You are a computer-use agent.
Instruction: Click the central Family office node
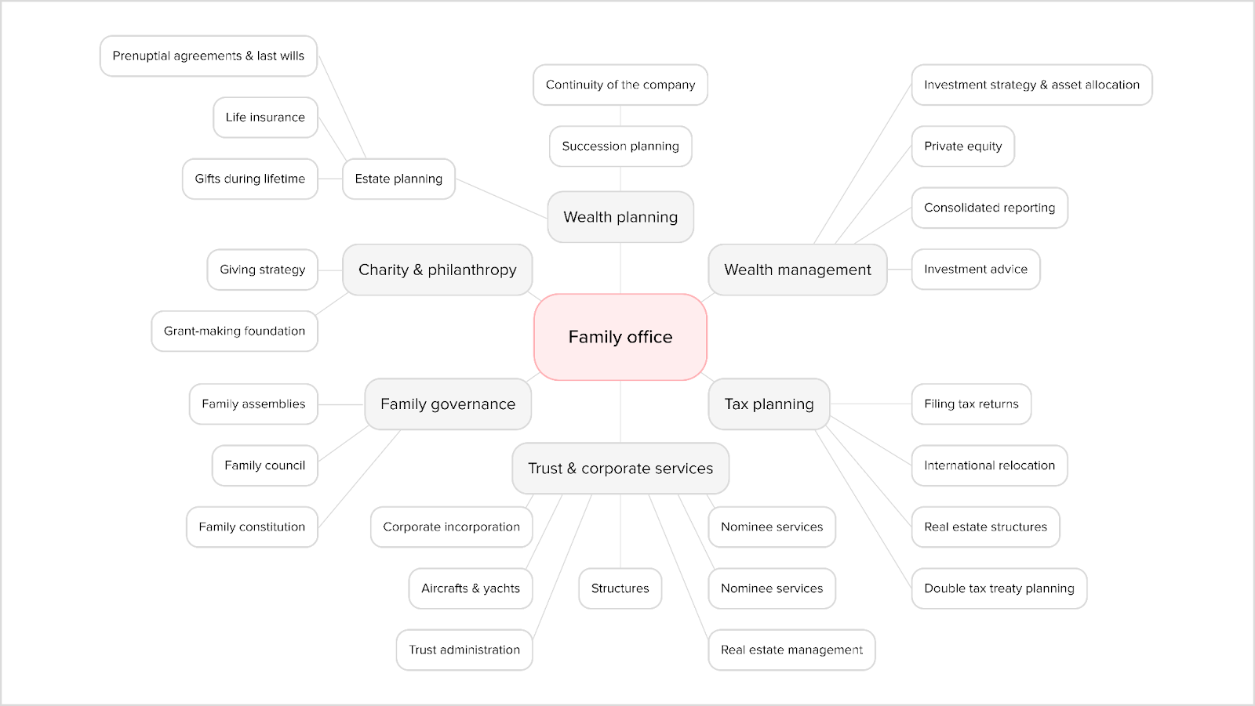tap(620, 337)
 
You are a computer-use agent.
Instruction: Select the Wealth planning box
tap(620, 217)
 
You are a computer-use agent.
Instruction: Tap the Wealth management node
tap(797, 270)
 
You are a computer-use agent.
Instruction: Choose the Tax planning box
tap(769, 404)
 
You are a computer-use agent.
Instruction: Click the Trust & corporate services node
tap(620, 469)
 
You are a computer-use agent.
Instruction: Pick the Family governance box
tap(448, 404)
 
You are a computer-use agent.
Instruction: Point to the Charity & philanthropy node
tap(437, 270)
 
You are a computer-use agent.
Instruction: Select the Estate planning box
tap(398, 179)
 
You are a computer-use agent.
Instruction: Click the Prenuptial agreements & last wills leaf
tap(208, 56)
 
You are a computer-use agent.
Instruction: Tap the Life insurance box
tap(265, 118)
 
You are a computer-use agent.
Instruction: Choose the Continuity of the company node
tap(620, 85)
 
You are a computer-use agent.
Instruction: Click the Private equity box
tap(962, 146)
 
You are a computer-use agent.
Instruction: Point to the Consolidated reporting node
tap(989, 208)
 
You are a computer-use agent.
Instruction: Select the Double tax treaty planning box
tap(999, 588)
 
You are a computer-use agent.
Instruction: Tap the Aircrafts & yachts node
tap(470, 588)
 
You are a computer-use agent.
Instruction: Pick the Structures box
tap(620, 588)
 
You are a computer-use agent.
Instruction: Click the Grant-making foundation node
tap(234, 331)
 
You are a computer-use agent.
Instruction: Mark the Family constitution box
tap(252, 527)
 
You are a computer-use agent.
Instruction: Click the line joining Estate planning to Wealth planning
tap(501, 198)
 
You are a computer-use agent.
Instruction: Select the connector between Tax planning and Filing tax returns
tap(871, 404)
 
